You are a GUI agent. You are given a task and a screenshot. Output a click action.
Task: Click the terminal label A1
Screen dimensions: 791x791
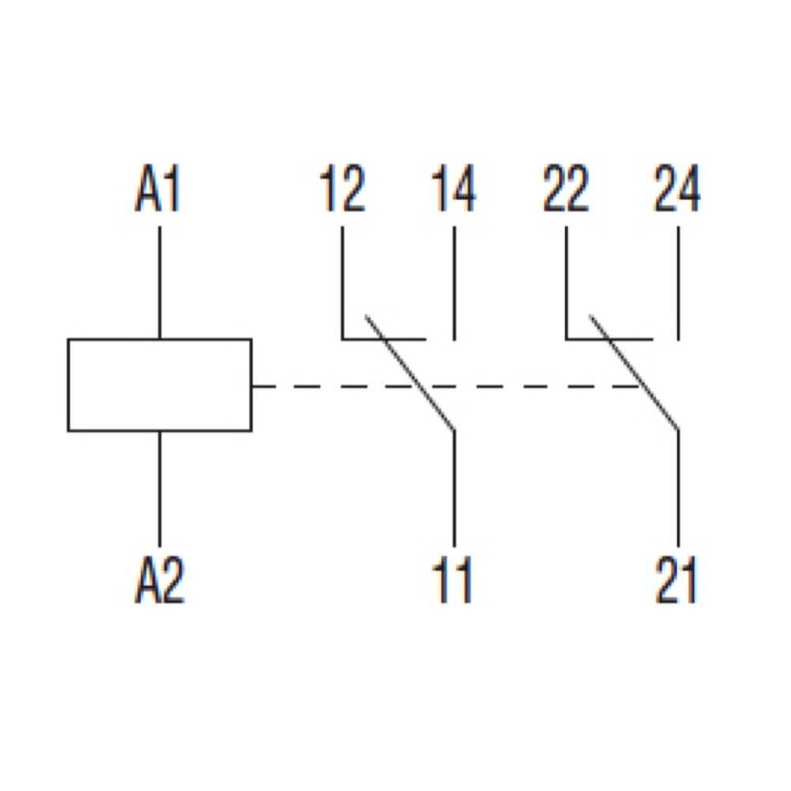tap(158, 191)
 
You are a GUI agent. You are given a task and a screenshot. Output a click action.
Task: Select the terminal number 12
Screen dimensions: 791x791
tap(343, 191)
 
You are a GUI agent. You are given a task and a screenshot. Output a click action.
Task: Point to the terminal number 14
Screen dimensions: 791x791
tap(454, 191)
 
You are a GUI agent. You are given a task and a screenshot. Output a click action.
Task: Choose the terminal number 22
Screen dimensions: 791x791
tap(566, 191)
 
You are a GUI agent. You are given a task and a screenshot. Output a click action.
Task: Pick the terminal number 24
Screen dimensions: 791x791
tap(677, 191)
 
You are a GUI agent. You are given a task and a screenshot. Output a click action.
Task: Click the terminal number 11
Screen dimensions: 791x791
tap(454, 583)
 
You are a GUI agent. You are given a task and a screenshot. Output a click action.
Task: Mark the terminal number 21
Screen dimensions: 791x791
tap(677, 583)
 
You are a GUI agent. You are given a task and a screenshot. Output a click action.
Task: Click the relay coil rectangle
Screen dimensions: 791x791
tap(159, 385)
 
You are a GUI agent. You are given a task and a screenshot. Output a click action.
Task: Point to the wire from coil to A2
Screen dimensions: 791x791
tap(160, 486)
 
